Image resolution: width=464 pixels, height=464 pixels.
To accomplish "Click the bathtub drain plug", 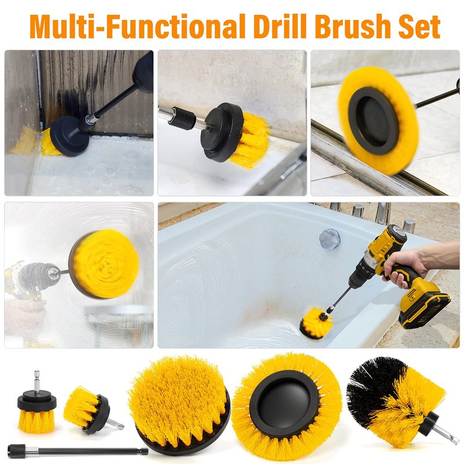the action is click(x=329, y=238).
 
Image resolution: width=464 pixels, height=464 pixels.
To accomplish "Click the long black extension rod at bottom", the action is click(x=78, y=452).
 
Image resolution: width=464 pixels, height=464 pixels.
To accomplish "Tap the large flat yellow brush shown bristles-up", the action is click(x=179, y=405).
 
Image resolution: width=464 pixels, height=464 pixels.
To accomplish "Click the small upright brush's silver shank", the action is click(x=37, y=382).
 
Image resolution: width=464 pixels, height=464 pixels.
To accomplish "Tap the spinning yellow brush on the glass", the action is click(x=104, y=264).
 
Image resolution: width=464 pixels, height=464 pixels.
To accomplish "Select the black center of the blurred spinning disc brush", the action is click(x=374, y=121).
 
